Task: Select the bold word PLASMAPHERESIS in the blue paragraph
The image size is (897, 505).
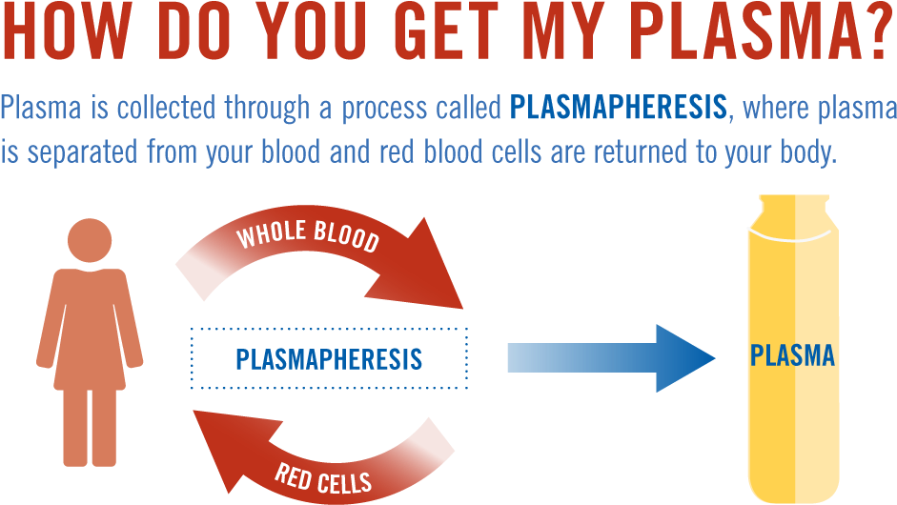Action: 618,108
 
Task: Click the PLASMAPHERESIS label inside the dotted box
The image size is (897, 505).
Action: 329,359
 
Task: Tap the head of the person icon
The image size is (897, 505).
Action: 90,241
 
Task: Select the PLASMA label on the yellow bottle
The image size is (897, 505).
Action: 792,356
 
